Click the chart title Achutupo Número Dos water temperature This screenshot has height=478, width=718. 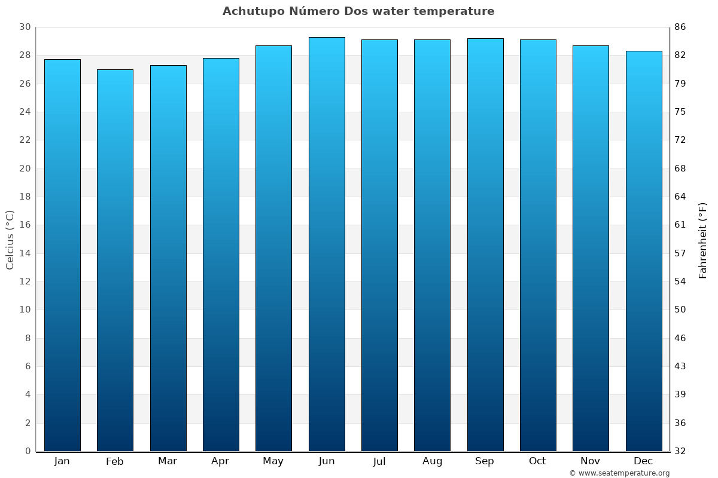pos(358,11)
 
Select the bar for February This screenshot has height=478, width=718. pos(115,260)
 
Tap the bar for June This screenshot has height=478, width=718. pos(327,244)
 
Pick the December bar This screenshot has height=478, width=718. pos(644,251)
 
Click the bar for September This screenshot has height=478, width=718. pos(485,244)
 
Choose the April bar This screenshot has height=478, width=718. pos(221,255)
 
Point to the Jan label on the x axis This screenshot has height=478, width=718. pos(62,461)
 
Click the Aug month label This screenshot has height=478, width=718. pos(432,461)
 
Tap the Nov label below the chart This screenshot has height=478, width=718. pos(591,461)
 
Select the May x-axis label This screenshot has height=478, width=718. pos(273,461)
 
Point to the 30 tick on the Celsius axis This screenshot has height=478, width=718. pos(25,27)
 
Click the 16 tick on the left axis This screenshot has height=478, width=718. pos(25,225)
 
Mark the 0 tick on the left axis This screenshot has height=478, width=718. pos(28,451)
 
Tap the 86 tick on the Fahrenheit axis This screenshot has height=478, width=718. pos(680,27)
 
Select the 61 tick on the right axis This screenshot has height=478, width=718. pos(680,225)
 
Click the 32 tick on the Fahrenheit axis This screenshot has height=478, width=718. pos(680,451)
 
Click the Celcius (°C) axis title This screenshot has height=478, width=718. pos(10,239)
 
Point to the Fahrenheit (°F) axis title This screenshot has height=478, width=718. pos(703,240)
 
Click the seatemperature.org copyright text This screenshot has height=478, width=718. pos(619,473)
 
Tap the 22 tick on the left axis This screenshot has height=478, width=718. pos(25,140)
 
